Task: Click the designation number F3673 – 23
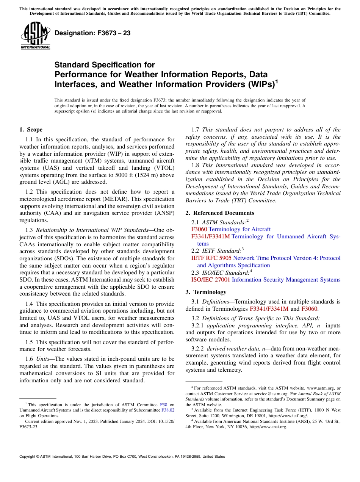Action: pos(92,33)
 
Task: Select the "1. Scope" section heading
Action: pos(31,130)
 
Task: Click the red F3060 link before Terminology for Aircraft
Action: pos(199,229)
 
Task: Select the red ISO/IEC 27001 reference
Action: pos(211,280)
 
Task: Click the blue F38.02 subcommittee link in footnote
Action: pos(168,410)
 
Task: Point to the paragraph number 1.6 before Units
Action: pos(29,359)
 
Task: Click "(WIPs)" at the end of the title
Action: pos(258,84)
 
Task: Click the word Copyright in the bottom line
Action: pos(29,457)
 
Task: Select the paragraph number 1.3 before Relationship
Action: pos(29,230)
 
